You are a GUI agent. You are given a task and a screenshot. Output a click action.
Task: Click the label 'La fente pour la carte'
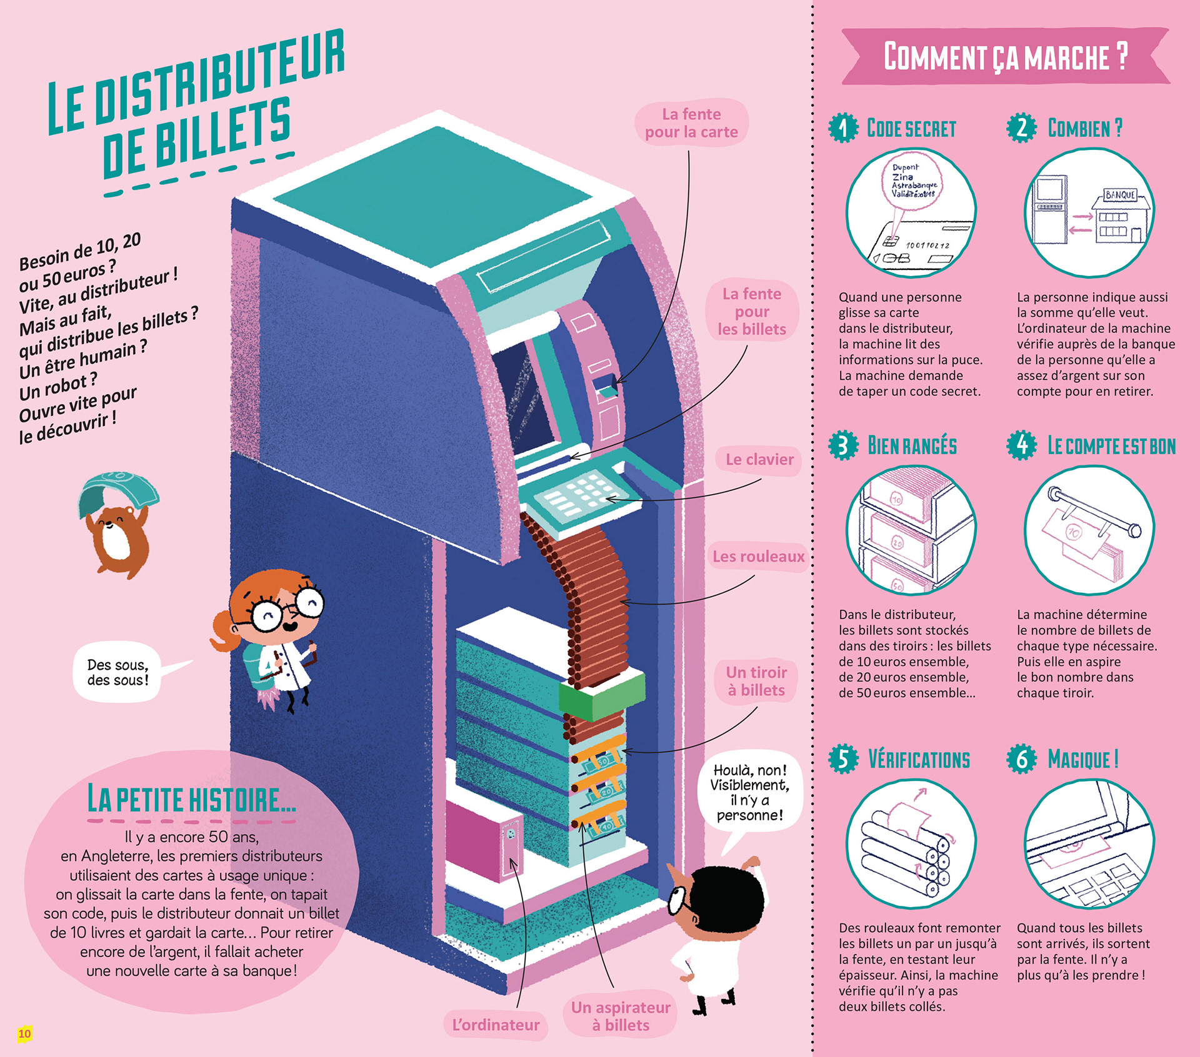coord(691,123)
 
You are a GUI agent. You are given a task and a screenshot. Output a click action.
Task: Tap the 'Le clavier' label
coord(759,460)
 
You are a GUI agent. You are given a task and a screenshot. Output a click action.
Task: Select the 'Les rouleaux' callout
coord(758,557)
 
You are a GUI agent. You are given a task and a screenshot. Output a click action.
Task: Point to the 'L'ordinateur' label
coord(496,1025)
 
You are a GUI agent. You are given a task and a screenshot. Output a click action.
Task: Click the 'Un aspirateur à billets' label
coord(620,1016)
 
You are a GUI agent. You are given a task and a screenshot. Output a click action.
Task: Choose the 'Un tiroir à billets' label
coord(756,682)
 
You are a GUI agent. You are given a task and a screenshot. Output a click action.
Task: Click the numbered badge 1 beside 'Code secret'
coord(843,128)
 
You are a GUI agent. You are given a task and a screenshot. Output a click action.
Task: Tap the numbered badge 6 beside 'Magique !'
coord(1021,759)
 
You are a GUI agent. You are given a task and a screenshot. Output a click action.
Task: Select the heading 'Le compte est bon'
coord(1111,446)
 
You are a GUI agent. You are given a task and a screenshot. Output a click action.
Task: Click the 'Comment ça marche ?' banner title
coord(1005,57)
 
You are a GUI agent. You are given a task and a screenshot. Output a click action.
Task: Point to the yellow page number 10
coord(24,1034)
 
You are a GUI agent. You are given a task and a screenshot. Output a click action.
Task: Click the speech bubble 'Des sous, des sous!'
coord(118,672)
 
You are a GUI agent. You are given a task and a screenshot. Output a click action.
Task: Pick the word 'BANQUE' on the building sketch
coord(1120,195)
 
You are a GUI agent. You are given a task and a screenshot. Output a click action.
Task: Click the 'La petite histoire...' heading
coord(191,800)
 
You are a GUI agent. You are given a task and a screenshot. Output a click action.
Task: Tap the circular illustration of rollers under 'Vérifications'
coord(911,843)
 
